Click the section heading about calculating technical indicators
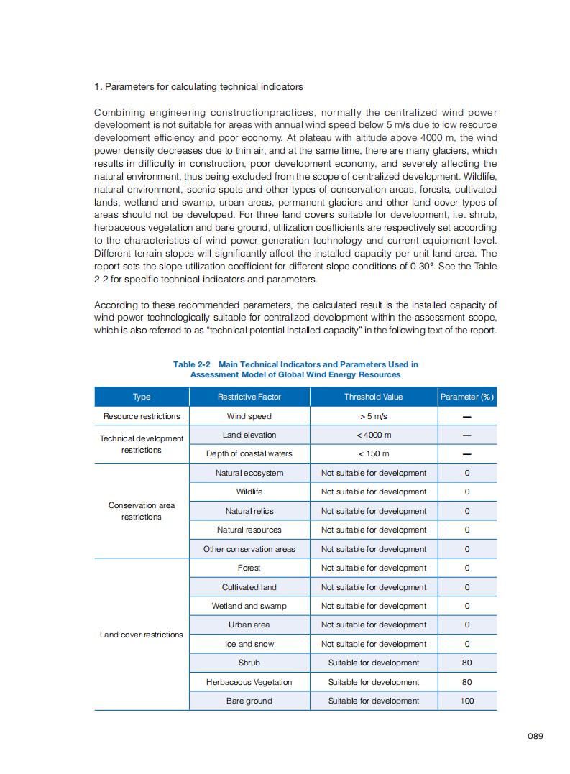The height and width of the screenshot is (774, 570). [x=198, y=87]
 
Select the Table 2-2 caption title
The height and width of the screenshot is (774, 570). [x=295, y=369]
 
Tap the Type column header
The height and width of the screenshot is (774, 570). [x=142, y=397]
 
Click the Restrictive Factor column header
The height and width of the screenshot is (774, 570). [x=249, y=397]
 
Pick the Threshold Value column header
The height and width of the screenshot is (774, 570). [x=373, y=397]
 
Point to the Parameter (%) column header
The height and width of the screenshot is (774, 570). [x=466, y=397]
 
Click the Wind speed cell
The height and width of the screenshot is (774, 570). [x=249, y=416]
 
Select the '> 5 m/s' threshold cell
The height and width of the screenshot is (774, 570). [x=373, y=416]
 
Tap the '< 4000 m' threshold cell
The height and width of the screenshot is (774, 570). [x=373, y=435]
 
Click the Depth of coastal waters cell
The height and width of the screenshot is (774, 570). [x=249, y=453]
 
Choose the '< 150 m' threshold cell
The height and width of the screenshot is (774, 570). [x=373, y=453]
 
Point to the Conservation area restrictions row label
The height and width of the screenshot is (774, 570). [x=142, y=511]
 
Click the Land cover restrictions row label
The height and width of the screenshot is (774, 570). [x=142, y=635]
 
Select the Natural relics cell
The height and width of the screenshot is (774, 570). [x=249, y=511]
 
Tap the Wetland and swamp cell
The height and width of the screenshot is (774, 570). [x=249, y=606]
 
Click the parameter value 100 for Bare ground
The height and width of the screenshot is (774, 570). [x=466, y=701]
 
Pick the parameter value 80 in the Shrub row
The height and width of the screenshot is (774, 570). [x=466, y=663]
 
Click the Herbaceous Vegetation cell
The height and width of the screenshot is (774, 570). [x=249, y=682]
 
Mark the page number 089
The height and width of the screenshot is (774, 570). [x=534, y=736]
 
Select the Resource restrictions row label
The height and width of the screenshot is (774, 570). [x=142, y=416]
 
